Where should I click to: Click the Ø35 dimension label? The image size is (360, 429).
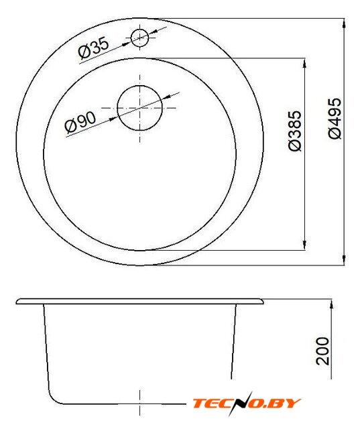94,48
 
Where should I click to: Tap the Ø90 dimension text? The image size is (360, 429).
80,122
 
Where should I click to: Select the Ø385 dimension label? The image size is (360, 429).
295,131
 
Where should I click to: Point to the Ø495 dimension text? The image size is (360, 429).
335,119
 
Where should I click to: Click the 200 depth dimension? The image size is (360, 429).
323,351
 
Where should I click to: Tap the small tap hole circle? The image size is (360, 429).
140,38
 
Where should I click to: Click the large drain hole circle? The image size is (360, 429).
140,108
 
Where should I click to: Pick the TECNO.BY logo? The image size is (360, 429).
246,404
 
